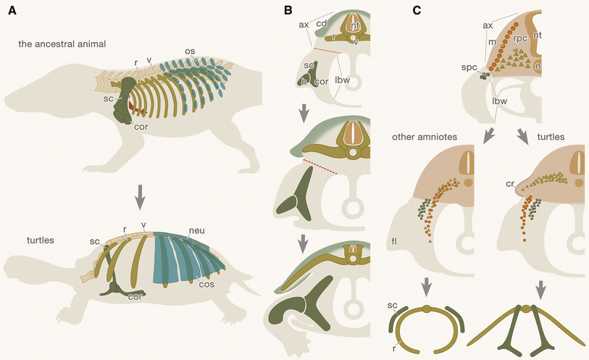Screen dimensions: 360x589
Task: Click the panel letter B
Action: (x=288, y=12)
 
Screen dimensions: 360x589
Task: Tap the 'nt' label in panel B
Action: (x=355, y=26)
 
